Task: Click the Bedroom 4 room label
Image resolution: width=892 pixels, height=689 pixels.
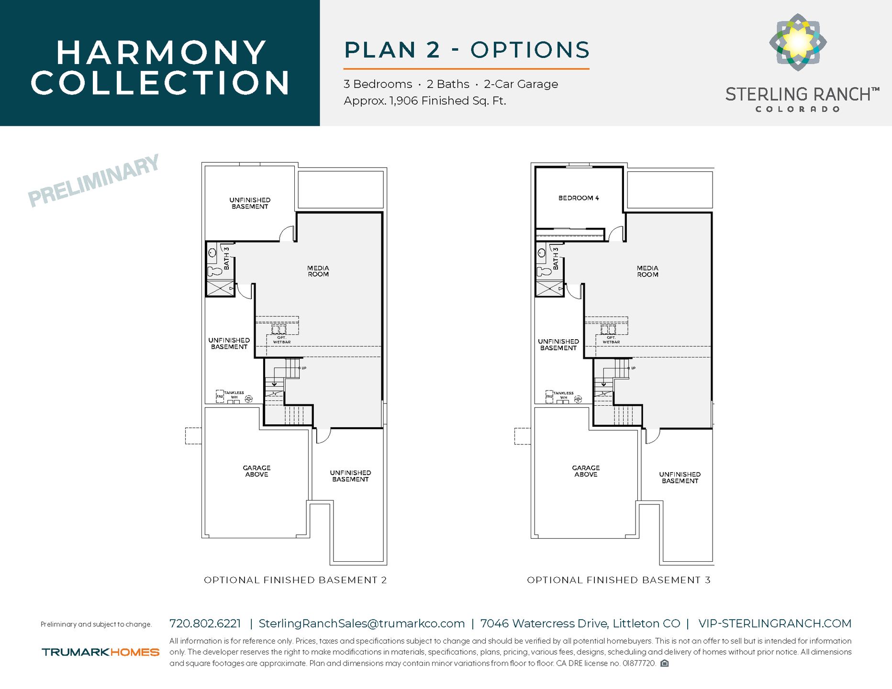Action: click(x=578, y=198)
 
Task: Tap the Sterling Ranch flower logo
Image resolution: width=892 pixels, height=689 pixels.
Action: click(x=798, y=42)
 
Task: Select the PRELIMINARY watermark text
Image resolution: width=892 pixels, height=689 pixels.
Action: click(x=94, y=181)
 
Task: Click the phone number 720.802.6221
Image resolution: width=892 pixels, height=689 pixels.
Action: click(x=205, y=623)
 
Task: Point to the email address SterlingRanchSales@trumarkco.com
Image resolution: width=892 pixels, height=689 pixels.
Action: click(x=361, y=623)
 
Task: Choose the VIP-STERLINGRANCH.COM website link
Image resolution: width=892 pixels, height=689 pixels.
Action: click(x=775, y=623)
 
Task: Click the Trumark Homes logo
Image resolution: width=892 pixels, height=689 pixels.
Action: click(x=100, y=652)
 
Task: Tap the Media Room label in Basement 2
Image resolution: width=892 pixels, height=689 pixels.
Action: click(x=318, y=271)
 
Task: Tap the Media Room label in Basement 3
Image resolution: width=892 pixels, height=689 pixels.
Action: click(x=647, y=271)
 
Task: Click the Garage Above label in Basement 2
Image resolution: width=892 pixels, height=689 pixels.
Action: click(x=256, y=471)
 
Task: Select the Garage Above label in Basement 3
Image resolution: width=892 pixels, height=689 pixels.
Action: click(x=586, y=471)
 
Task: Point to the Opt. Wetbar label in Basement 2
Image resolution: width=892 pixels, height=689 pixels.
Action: click(x=282, y=340)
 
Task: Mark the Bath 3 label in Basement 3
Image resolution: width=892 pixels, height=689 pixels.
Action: click(x=556, y=258)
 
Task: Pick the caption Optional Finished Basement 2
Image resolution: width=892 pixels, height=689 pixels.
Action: click(x=295, y=580)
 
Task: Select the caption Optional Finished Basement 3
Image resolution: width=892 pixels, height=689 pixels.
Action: click(x=618, y=580)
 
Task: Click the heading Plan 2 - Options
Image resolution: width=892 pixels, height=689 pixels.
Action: click(x=467, y=50)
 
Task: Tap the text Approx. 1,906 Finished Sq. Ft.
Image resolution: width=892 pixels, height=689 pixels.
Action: click(x=424, y=101)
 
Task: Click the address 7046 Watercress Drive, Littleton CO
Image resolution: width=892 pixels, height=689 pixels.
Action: click(x=580, y=623)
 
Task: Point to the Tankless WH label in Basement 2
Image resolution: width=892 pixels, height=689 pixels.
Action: click(x=234, y=395)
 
